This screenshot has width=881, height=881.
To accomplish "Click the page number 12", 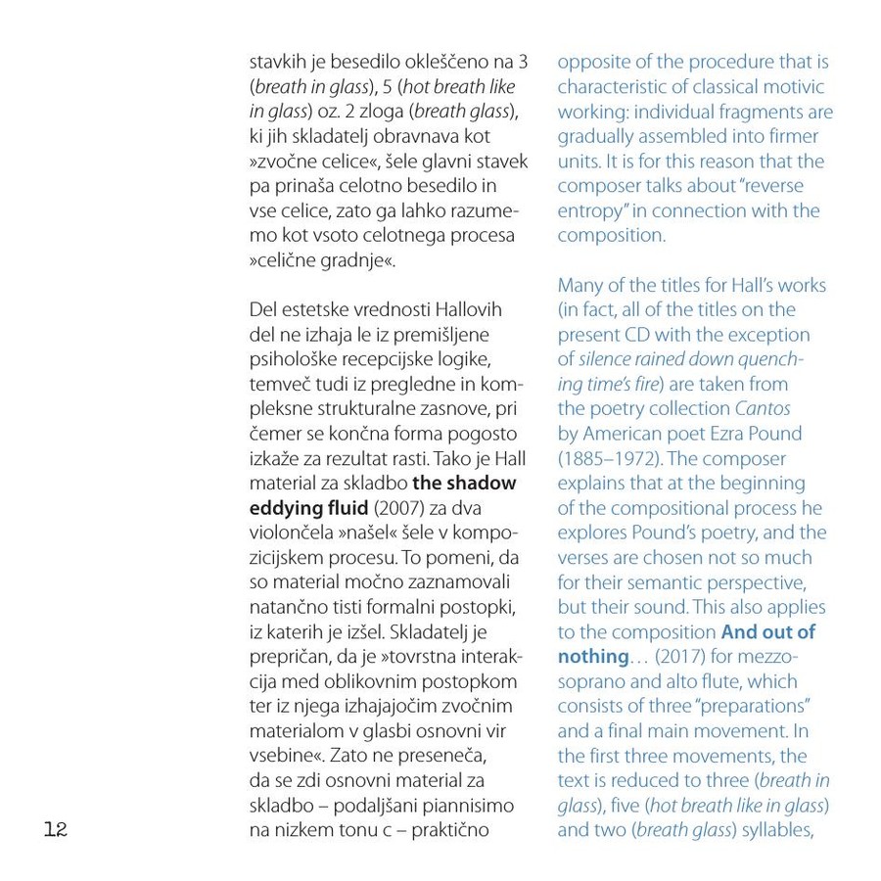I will pyautogui.click(x=55, y=830).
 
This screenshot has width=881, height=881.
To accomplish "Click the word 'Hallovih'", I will pyautogui.click(x=466, y=309).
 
